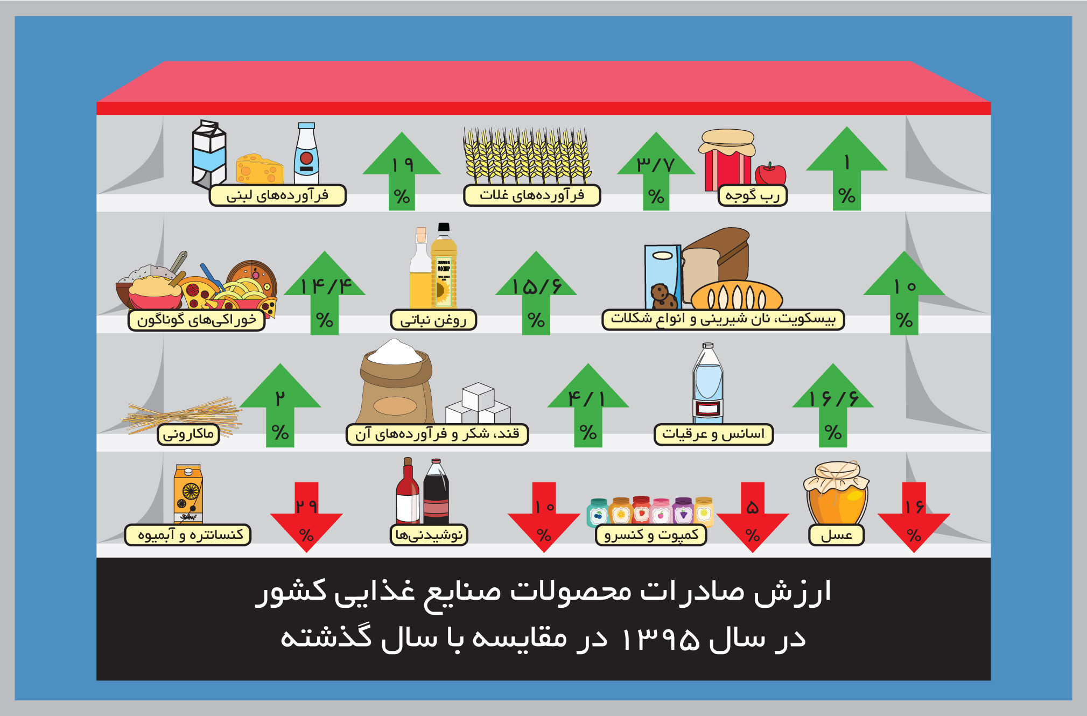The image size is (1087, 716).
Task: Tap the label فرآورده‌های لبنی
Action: coord(277,195)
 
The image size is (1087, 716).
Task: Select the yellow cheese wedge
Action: coord(260,169)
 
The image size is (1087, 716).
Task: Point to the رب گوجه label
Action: coord(752,195)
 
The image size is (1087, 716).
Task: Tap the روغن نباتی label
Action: coord(433,320)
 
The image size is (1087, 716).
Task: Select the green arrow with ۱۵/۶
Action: coord(536,293)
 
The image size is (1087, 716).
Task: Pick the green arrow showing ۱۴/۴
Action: coord(325,293)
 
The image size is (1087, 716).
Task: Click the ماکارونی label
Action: coord(188,434)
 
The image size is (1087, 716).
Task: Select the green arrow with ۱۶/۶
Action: coord(833,405)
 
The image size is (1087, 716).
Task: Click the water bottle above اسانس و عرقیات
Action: coord(708,383)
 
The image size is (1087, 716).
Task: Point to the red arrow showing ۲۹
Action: coord(306,517)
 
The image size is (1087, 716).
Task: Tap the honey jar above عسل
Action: coord(836,493)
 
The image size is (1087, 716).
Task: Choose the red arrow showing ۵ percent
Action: coord(753,517)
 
